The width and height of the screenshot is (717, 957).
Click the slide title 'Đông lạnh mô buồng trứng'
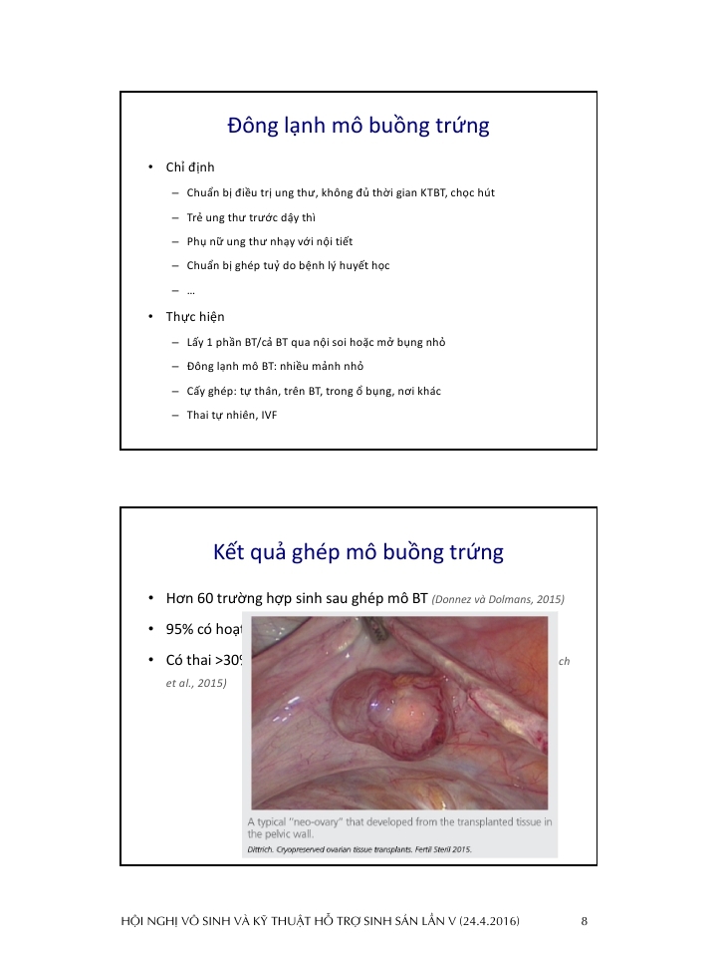[x=358, y=127]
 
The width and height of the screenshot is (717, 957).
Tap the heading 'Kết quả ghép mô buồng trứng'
[x=358, y=552]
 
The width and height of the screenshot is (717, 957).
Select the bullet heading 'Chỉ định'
[x=190, y=167]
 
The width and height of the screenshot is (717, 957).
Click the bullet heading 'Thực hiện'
[x=195, y=317]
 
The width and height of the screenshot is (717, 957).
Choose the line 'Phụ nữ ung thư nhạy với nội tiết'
[x=269, y=241]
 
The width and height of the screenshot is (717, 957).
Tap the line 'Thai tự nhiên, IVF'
[x=231, y=415]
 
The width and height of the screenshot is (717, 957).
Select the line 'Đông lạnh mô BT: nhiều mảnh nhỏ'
[x=274, y=367]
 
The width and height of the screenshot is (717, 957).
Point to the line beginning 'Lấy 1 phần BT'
[x=316, y=342]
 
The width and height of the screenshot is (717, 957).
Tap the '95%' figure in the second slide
[x=181, y=630]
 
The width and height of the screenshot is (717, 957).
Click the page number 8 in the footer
[x=585, y=921]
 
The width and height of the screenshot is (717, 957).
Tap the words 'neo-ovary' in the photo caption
[x=317, y=821]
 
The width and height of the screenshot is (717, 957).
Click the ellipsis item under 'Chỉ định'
[x=190, y=291]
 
